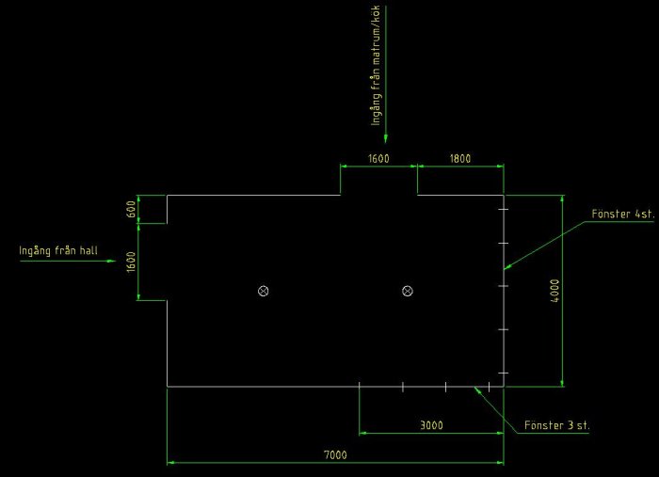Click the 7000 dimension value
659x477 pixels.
(335, 454)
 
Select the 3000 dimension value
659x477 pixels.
(431, 425)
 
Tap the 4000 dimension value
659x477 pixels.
(555, 291)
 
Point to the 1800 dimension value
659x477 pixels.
(460, 159)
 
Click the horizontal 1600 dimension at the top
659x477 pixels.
(378, 159)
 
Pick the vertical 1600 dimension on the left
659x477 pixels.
(131, 262)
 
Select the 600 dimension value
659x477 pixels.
(131, 209)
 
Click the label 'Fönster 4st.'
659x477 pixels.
(623, 214)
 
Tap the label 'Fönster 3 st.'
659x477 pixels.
(556, 425)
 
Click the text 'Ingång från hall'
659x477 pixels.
(58, 250)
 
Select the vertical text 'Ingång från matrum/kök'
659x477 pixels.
(376, 65)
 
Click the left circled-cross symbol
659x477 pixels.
(263, 291)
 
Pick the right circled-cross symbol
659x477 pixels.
(408, 291)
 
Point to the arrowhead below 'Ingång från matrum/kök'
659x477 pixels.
(386, 138)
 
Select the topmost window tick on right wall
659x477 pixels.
(503, 209)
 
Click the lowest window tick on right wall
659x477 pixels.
(503, 373)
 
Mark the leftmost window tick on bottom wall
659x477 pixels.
(360, 387)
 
